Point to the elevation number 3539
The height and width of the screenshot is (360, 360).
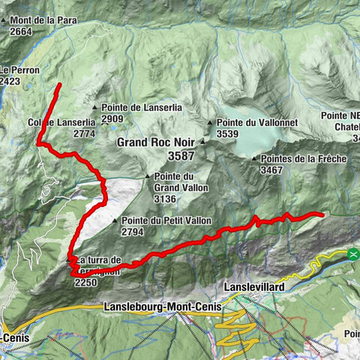pyautogui.click(x=227, y=133)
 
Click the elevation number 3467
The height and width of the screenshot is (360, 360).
pyautogui.click(x=271, y=171)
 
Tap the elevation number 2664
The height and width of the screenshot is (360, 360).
pyautogui.click(x=21, y=31)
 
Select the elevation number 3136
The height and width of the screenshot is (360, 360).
pyautogui.click(x=165, y=199)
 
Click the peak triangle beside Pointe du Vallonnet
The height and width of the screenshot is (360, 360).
pyautogui.click(x=211, y=121)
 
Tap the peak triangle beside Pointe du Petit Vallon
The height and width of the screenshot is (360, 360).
pyautogui.click(x=115, y=221)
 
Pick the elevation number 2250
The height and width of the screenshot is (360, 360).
pyautogui.click(x=86, y=282)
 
